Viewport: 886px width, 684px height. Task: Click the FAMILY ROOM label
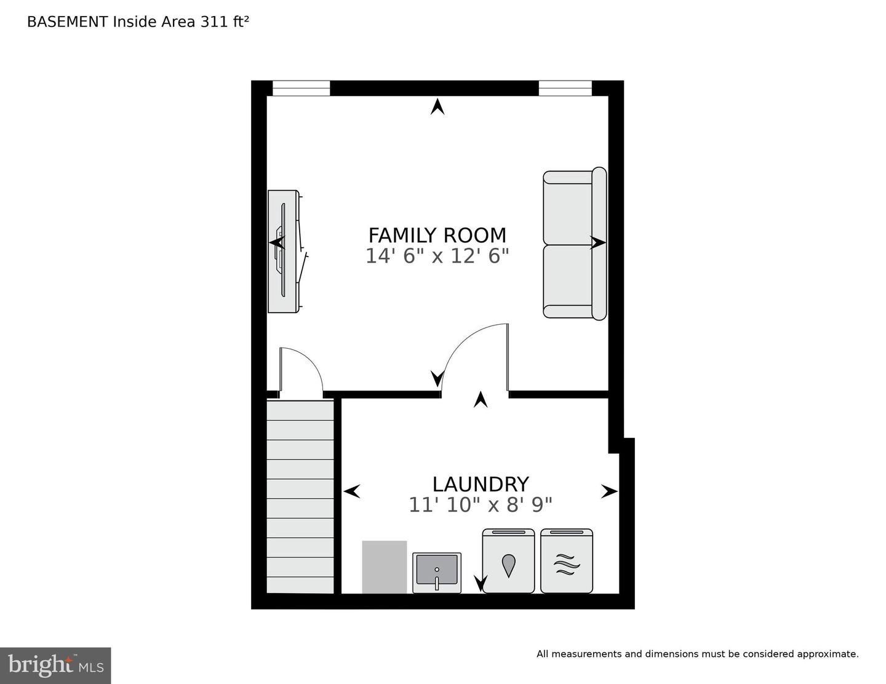pos(437,235)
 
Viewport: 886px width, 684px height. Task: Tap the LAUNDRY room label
pos(480,484)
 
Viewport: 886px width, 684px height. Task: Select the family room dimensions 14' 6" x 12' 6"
pos(437,256)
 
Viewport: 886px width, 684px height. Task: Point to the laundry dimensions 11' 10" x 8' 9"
pos(480,505)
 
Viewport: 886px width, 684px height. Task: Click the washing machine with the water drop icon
pos(508,561)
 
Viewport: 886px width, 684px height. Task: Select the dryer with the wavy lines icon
pos(567,561)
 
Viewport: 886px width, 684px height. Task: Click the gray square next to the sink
pos(385,567)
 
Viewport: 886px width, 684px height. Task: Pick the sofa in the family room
pos(574,244)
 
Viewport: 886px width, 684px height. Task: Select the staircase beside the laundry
pos(300,496)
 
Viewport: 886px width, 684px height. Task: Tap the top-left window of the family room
pos(301,89)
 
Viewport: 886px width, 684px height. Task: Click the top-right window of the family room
pos(565,89)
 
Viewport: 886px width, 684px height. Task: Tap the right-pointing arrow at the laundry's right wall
pos(609,491)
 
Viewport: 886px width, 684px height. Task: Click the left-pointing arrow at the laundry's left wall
pos(351,491)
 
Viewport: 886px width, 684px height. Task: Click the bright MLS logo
pos(55,666)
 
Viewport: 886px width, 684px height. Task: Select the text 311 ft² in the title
pos(224,22)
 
